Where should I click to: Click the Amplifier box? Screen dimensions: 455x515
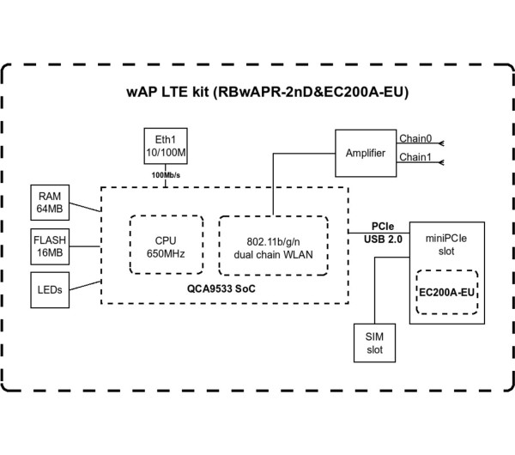pos(366,153)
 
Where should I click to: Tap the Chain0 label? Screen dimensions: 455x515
pos(415,137)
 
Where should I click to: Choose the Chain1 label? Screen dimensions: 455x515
pos(415,156)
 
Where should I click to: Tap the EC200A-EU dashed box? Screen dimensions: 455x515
pos(445,293)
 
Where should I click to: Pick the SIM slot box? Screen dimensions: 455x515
pos(374,342)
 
